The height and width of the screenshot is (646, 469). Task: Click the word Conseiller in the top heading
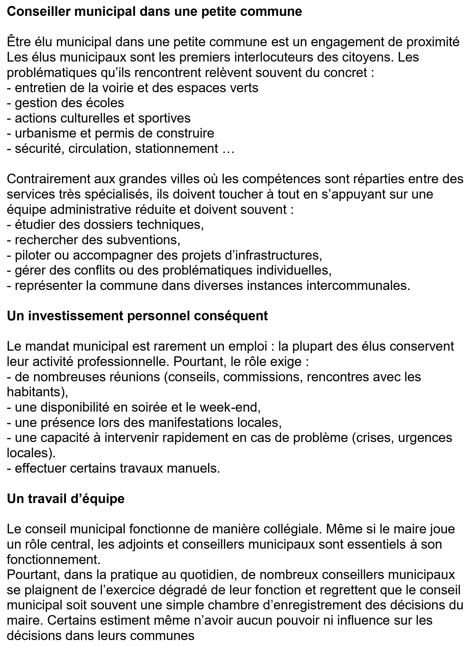(x=38, y=12)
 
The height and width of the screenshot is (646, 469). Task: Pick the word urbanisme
(x=46, y=133)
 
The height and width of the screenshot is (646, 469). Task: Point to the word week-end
(x=229, y=408)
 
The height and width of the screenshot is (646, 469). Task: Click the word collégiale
(x=292, y=529)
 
